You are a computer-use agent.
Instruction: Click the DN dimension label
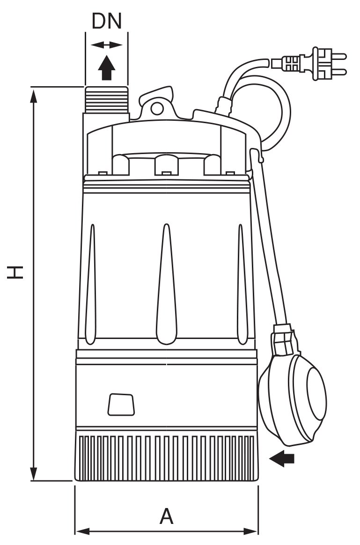(x=107, y=21)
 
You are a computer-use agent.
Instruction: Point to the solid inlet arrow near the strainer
(x=282, y=458)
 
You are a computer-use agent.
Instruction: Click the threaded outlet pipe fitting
(x=106, y=99)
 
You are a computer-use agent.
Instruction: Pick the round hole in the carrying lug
(x=157, y=108)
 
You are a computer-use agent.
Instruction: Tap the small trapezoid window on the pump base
(x=121, y=404)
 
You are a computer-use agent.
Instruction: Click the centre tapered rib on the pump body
(x=167, y=284)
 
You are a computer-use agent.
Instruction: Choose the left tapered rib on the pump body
(x=91, y=284)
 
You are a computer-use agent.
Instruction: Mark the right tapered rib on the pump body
(x=242, y=284)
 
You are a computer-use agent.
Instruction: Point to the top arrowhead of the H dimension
(x=33, y=96)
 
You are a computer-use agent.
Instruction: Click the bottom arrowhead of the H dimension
(x=33, y=473)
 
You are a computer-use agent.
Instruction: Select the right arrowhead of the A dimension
(x=250, y=531)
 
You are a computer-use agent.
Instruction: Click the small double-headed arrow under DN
(x=107, y=45)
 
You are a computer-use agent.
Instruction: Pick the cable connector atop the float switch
(x=282, y=339)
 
